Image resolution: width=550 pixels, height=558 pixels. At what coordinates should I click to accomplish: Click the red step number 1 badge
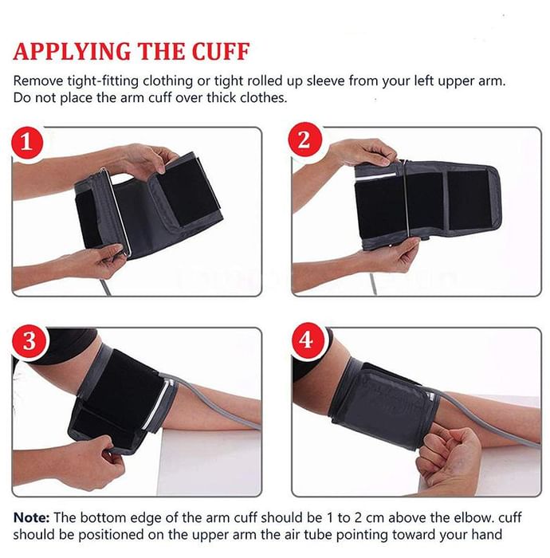(27, 143)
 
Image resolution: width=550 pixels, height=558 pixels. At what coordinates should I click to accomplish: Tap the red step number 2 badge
(304, 139)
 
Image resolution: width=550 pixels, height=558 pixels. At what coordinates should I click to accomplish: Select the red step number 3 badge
(29, 341)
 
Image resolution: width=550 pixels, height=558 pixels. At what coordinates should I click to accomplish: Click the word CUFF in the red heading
(221, 52)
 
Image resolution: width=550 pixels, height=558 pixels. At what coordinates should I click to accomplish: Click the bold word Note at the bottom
(31, 517)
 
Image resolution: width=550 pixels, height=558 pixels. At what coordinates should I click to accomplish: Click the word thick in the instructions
(222, 97)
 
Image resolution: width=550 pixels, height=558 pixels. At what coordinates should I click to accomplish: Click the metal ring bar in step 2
(407, 198)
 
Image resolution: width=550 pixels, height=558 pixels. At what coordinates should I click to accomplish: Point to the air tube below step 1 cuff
(106, 287)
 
